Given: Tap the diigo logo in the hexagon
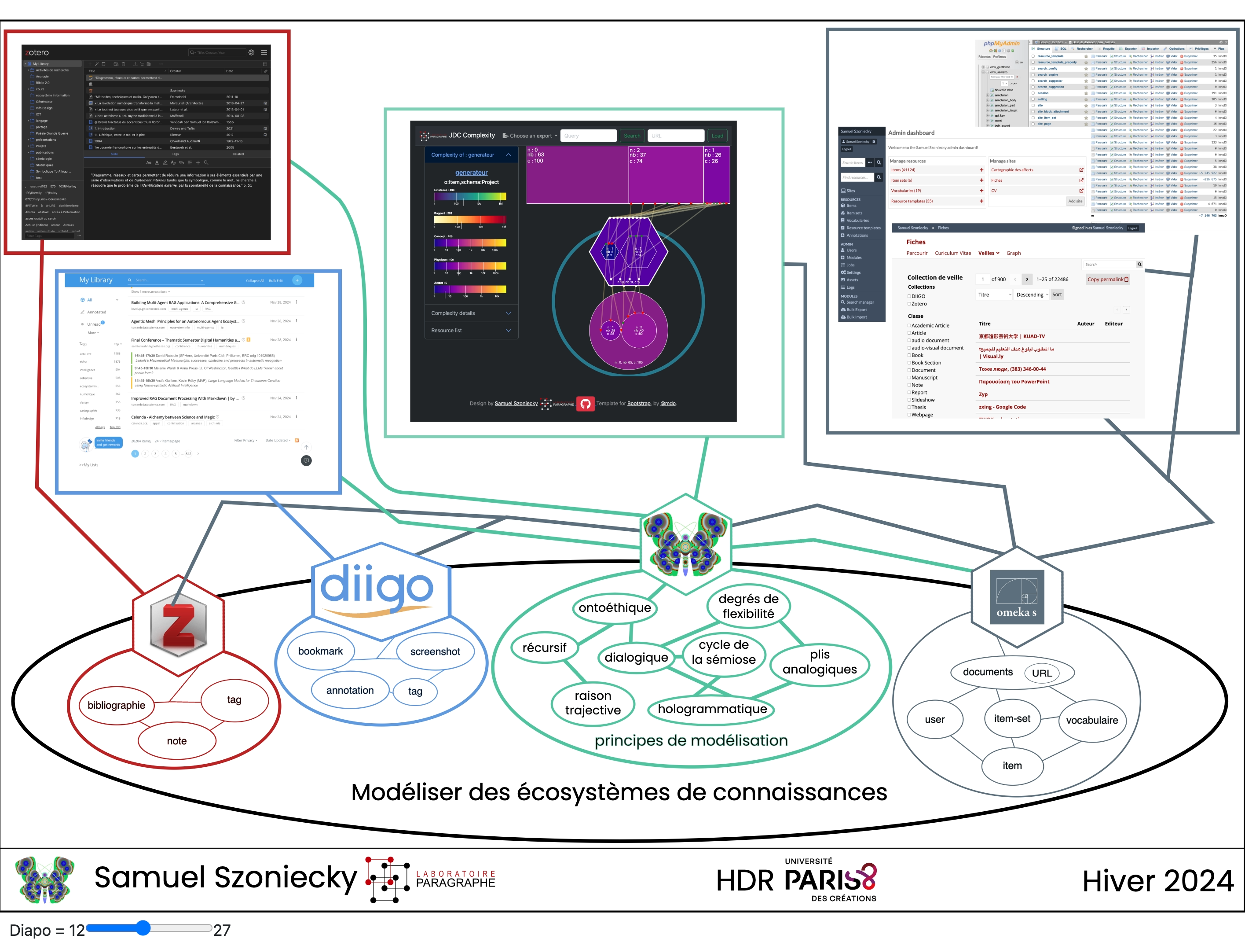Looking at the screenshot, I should coord(377,589).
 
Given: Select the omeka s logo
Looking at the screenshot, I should coord(1017,597).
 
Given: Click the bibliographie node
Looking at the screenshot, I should coord(117,705).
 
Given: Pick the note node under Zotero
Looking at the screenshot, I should coord(177,741).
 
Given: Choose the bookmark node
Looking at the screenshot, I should coord(320,651).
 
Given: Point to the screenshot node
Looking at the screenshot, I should coord(435,651).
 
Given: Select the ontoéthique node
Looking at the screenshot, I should coord(615,607).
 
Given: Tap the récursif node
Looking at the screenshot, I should coord(544,648).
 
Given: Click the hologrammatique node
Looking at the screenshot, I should coord(712,709).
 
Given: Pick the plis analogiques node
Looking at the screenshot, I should coord(820,662).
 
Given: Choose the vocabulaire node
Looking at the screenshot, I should coord(1092,720).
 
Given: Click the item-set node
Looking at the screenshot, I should coord(1012,718).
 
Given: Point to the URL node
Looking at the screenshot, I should coord(1042,673).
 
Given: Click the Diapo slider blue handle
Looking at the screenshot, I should coord(143,927).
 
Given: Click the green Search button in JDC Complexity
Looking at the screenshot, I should coord(631,136).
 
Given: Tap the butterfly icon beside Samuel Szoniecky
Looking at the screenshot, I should coord(45,879).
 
